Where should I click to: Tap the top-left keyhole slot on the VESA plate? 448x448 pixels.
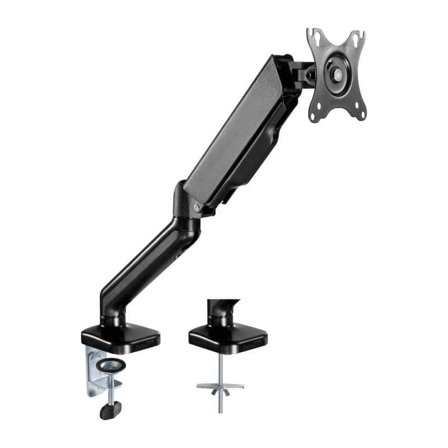pos(317,38)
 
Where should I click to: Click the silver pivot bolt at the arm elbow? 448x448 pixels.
pos(197,207)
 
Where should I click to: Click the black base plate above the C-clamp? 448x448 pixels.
pos(120,337)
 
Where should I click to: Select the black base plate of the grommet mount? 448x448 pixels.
pos(227,337)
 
